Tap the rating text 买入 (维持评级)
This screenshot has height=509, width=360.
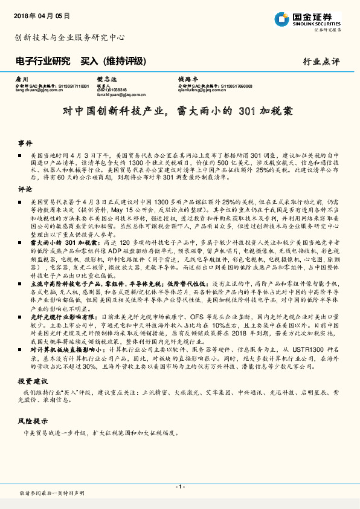tap(114, 61)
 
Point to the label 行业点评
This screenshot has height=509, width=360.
tap(321, 62)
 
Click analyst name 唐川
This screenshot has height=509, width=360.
tap(22, 79)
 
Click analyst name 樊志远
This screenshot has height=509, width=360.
tap(105, 79)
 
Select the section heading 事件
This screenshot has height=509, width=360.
tap(25, 143)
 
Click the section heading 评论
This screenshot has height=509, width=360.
tap(25, 189)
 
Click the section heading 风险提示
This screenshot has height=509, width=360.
tap(32, 420)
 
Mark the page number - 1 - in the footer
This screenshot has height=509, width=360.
tap(179, 487)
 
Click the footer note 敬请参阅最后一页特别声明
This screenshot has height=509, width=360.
tap(52, 494)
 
